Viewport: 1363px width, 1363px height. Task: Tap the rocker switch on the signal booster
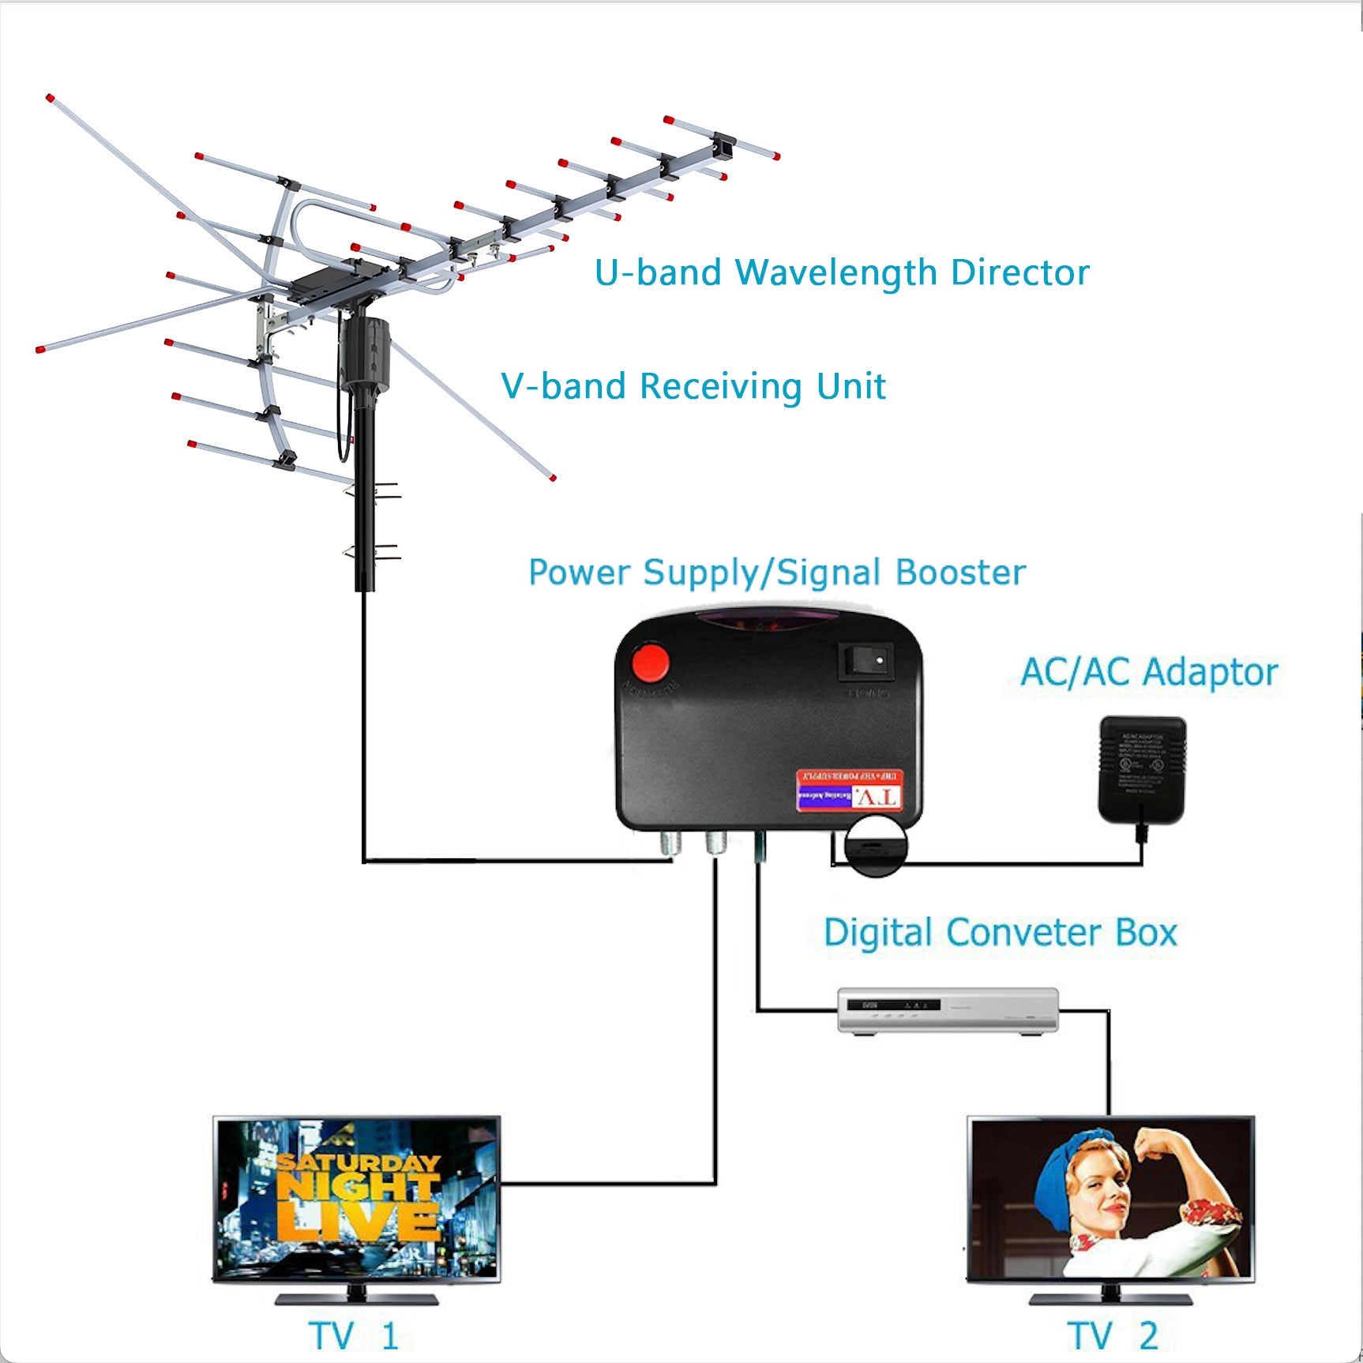pyautogui.click(x=865, y=661)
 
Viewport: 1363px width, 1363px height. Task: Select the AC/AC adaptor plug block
pyautogui.click(x=1142, y=769)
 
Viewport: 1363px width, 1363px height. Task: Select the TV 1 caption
pyautogui.click(x=353, y=1335)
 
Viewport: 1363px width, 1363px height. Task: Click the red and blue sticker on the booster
pyautogui.click(x=849, y=790)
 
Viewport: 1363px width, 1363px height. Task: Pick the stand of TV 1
pyautogui.click(x=356, y=1296)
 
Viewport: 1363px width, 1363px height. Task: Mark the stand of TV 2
pyautogui.click(x=1111, y=1296)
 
